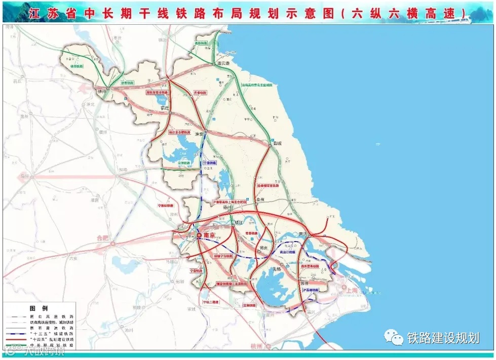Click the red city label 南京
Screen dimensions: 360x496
pyautogui.click(x=210, y=235)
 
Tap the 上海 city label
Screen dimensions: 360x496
pyautogui.click(x=351, y=291)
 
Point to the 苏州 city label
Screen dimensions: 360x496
pyautogui.click(x=304, y=284)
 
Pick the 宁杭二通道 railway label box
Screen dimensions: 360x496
pyautogui.click(x=210, y=302)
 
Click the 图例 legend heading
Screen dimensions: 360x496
pyautogui.click(x=39, y=308)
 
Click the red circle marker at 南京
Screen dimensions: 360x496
pyautogui.click(x=199, y=235)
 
